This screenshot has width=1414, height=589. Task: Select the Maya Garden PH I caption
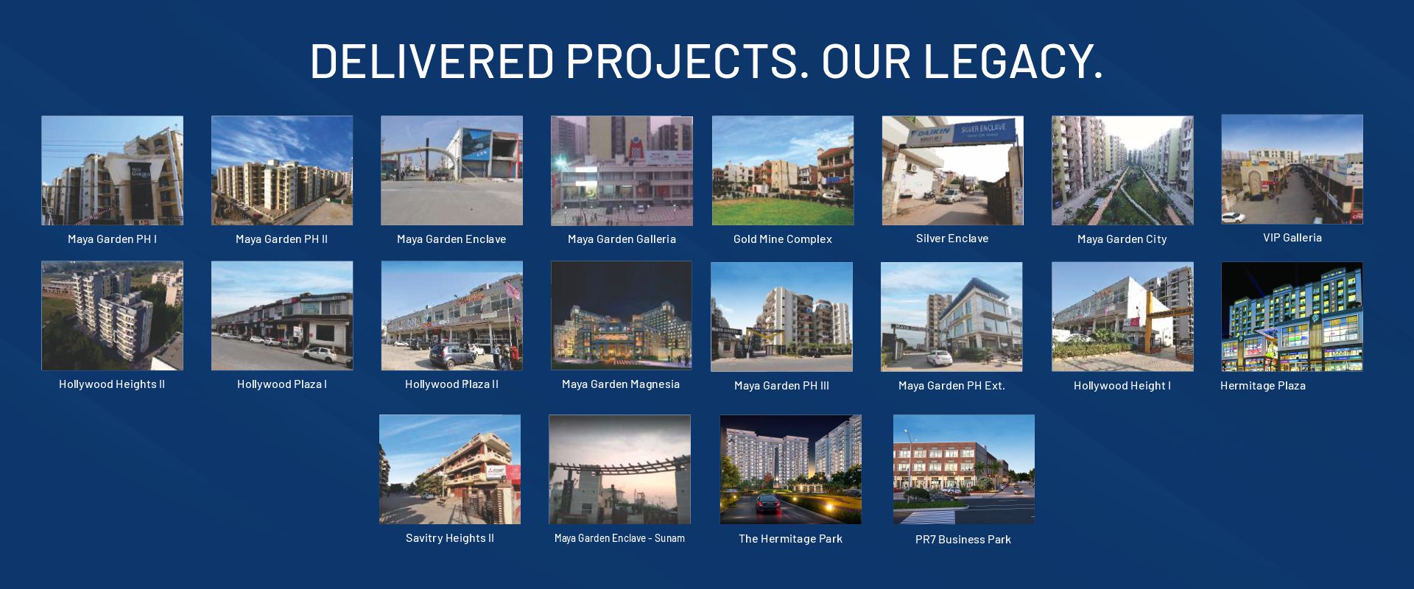click(x=112, y=239)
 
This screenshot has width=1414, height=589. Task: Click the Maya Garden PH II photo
click(x=282, y=170)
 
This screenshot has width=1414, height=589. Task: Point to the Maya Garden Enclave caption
click(x=451, y=239)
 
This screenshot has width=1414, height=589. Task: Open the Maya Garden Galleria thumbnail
click(x=622, y=170)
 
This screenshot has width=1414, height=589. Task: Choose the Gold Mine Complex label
click(x=783, y=239)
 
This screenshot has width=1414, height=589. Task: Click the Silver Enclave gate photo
click(x=953, y=170)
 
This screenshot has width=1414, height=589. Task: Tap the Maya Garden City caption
click(x=1122, y=239)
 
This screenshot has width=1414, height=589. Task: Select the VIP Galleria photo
click(x=1292, y=169)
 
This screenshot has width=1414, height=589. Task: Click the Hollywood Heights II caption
click(x=112, y=384)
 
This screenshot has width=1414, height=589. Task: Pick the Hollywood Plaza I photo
click(x=282, y=316)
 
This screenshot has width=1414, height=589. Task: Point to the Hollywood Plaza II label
click(x=451, y=384)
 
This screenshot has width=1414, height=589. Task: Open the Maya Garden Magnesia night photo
click(x=622, y=315)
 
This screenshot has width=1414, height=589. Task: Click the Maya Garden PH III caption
click(x=781, y=386)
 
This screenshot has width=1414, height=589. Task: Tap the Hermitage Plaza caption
click(x=1263, y=386)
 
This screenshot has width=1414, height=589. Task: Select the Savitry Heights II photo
click(x=450, y=470)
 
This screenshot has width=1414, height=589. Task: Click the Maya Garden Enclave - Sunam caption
click(x=619, y=538)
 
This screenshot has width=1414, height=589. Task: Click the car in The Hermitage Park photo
click(x=768, y=504)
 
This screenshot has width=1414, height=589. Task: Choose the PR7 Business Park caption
click(x=963, y=540)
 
